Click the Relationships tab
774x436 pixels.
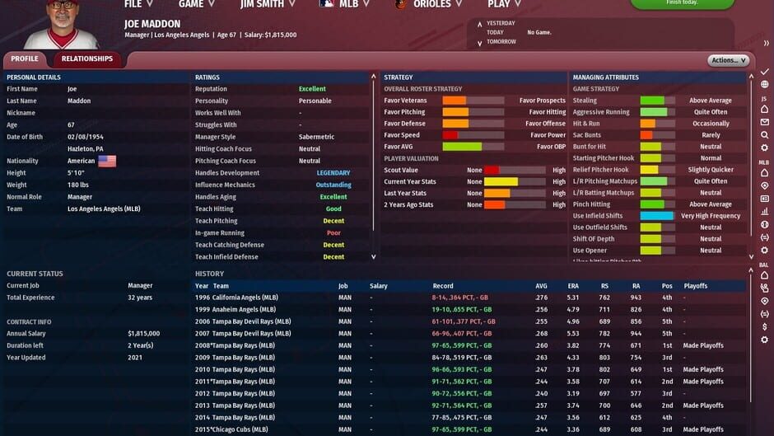(87, 59)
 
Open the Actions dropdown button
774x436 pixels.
(728, 60)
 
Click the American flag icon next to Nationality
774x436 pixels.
(107, 162)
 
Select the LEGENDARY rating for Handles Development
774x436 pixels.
(333, 173)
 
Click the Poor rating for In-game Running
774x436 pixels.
(333, 233)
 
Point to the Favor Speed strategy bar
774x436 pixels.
(473, 135)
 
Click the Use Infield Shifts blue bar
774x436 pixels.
(657, 216)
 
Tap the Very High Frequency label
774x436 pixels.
(711, 216)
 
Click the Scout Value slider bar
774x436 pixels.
(515, 171)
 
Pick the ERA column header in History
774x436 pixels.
(573, 286)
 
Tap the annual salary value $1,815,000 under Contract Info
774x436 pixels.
(143, 334)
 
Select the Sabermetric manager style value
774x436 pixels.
(316, 137)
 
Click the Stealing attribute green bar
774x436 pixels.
(657, 101)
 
